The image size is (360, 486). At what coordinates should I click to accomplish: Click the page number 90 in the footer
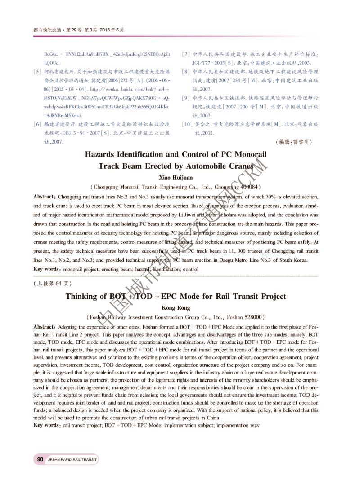(x=40, y=459)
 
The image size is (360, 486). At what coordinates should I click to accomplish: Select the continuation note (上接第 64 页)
(x=53, y=283)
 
